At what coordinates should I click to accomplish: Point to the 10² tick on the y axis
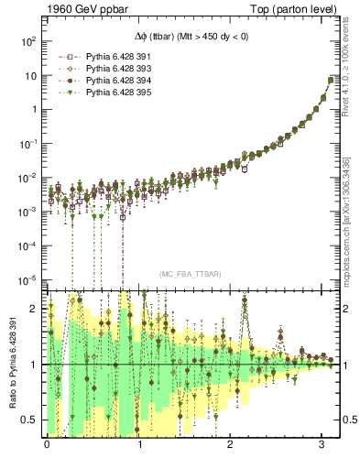click(x=27, y=41)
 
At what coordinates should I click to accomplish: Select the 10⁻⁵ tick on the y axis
click(x=27, y=279)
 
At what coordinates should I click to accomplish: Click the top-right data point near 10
click(x=330, y=80)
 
